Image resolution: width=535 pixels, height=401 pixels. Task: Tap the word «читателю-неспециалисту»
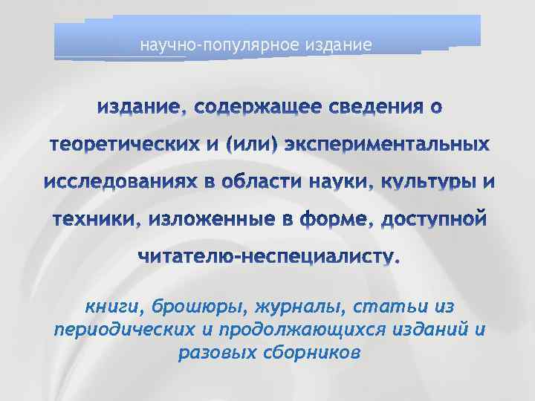(x=269, y=257)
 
